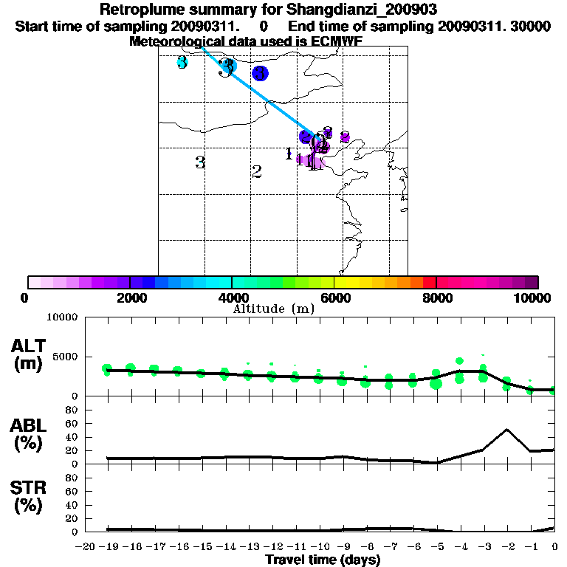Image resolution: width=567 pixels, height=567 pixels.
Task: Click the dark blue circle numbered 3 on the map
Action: click(x=260, y=73)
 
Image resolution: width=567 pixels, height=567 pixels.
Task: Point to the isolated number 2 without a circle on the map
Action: click(x=257, y=172)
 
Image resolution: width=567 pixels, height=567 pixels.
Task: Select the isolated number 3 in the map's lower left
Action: click(x=200, y=162)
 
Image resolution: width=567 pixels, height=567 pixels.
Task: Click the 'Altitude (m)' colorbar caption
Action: click(x=274, y=309)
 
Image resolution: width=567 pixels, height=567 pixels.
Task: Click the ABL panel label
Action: click(x=29, y=436)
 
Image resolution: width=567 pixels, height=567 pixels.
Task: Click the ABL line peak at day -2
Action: click(x=507, y=429)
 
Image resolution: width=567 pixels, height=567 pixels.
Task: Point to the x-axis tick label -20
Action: click(x=86, y=546)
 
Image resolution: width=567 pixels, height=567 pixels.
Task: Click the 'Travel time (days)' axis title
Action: click(x=323, y=560)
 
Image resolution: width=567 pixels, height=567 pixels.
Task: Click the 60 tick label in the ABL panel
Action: click(x=72, y=424)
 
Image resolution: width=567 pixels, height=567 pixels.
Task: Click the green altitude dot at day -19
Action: click(x=107, y=369)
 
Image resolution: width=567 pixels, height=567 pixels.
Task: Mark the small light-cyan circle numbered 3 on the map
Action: click(x=182, y=63)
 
